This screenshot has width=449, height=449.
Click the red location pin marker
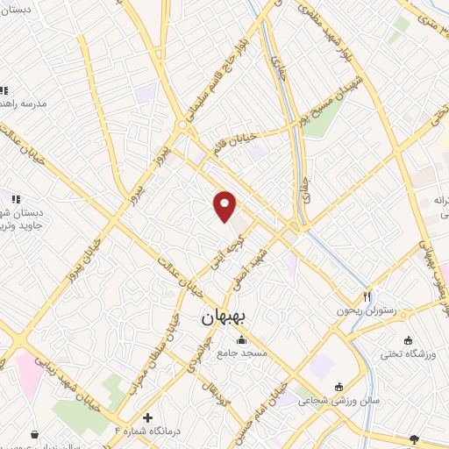tap(225, 205)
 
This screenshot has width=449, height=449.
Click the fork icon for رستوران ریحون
tap(367, 296)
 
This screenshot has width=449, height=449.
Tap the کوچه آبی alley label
tap(229, 249)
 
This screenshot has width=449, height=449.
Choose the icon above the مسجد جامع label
tap(241, 339)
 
